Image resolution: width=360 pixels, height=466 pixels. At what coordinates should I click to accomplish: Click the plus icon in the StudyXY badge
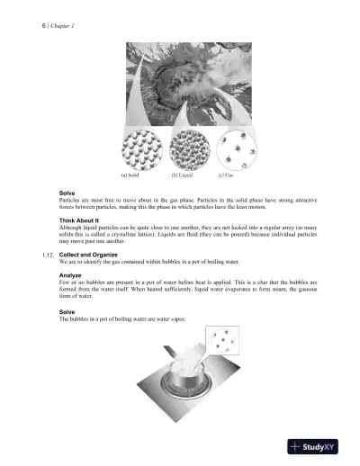tap(299, 445)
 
